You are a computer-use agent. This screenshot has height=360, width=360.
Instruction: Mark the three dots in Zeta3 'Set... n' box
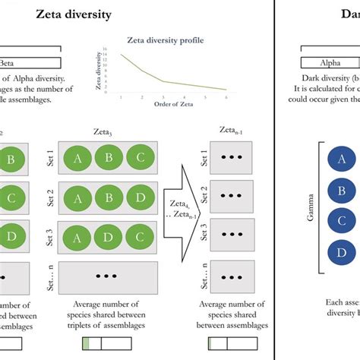pyautogui.click(x=108, y=279)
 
